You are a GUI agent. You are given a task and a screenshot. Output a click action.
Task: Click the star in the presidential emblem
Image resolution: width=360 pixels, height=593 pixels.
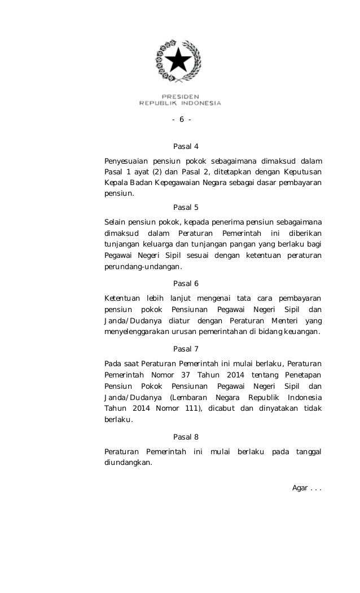[179, 60]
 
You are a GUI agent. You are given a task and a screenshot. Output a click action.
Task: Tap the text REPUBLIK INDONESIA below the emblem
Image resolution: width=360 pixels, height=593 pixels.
[180, 103]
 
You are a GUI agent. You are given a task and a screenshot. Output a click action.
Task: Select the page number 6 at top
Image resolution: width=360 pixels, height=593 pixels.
[182, 119]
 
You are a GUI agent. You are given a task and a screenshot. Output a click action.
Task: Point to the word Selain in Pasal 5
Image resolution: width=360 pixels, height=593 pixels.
[116, 219]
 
